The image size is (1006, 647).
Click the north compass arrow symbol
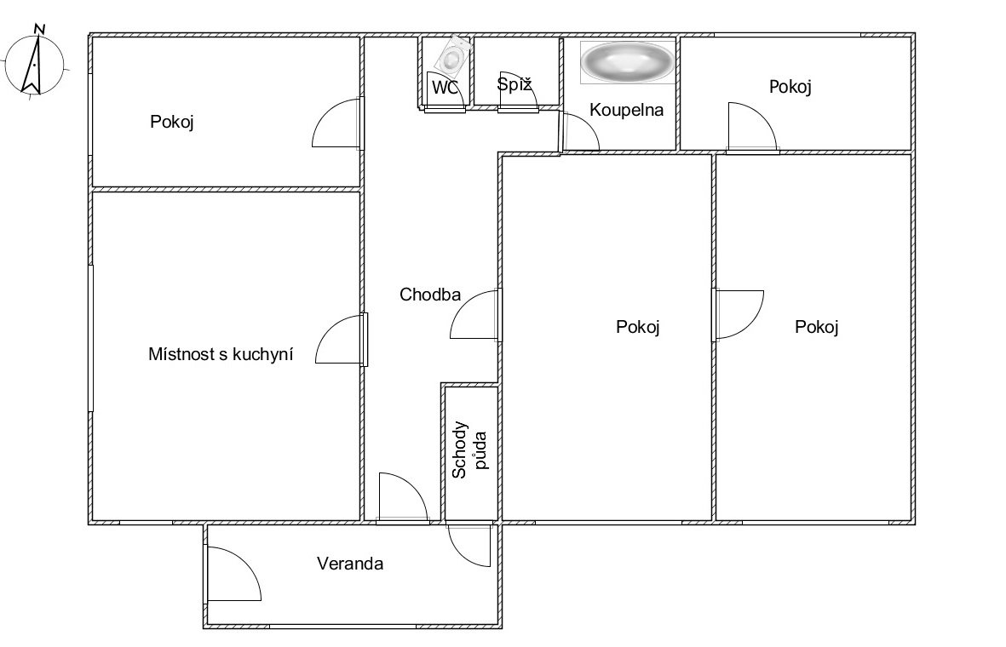32,64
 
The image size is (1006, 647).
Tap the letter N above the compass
40,28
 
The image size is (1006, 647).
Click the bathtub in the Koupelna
627,61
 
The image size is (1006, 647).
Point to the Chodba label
430,295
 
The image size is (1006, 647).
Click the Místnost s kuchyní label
221,354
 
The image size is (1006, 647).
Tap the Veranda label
350,564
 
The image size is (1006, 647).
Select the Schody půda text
469,449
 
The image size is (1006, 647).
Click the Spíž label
514,84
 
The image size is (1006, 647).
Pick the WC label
446,88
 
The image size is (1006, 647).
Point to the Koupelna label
626,110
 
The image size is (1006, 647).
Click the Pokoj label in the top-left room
172,121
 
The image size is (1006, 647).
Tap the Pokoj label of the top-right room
790,87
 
